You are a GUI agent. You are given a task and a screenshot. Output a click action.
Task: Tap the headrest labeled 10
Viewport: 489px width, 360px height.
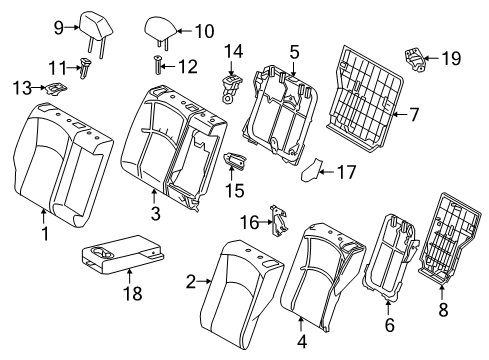[x=162, y=27]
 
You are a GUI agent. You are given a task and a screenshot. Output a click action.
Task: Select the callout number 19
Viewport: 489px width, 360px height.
[x=451, y=58]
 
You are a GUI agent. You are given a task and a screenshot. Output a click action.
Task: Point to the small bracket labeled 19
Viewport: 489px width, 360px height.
[x=414, y=57]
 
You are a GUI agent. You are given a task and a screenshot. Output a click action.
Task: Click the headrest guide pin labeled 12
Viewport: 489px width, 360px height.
[x=159, y=67]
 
